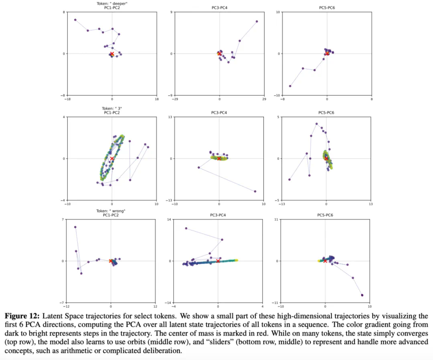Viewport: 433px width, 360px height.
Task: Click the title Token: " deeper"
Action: click(112, 4)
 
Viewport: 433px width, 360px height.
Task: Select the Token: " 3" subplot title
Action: click(112, 108)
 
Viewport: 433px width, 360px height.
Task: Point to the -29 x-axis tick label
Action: click(175, 98)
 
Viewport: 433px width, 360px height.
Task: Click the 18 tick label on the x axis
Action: click(156, 98)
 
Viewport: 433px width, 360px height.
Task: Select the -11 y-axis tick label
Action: click(277, 303)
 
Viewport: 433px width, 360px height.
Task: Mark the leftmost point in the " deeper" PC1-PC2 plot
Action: click(75, 20)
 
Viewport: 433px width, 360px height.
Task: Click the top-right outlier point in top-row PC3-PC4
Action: click(257, 22)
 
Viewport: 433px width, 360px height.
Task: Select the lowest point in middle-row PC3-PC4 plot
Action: click(255, 191)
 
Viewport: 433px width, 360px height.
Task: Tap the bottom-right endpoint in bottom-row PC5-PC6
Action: click(362, 295)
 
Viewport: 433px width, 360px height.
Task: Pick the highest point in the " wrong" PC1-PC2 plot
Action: click(75, 227)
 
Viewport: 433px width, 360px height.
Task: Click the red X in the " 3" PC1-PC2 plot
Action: click(112, 159)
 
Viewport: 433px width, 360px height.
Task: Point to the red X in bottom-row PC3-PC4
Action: click(218, 261)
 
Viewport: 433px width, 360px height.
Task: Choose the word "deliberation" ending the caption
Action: click(164, 351)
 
